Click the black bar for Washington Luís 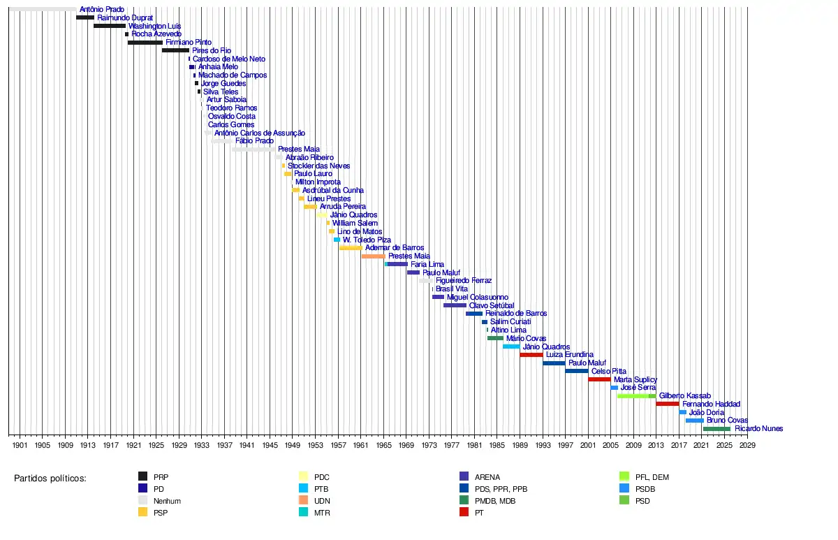(110, 26)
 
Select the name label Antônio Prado (102, 10)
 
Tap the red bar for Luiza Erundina (531, 355)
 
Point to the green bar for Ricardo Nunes (716, 429)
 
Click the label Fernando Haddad (711, 404)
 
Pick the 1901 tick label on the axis (20, 445)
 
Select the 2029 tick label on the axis (747, 445)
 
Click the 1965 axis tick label (383, 445)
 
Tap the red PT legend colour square (464, 513)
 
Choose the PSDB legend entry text (645, 489)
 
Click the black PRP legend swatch (142, 477)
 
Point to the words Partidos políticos (50, 479)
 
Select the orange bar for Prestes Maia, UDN (373, 256)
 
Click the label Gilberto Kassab (684, 396)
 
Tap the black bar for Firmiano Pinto (145, 43)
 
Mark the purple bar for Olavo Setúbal (455, 305)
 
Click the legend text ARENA (487, 477)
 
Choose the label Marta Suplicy (635, 379)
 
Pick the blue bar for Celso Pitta (577, 371)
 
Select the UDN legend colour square (303, 501)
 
